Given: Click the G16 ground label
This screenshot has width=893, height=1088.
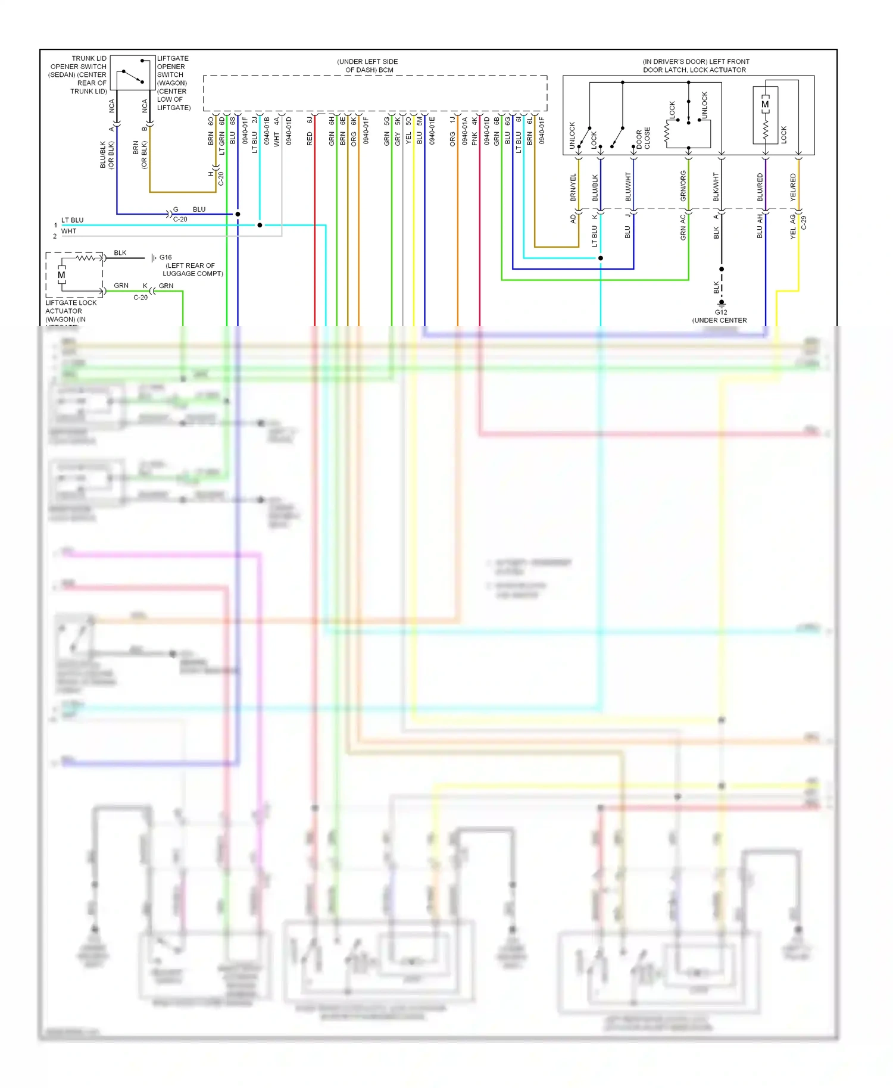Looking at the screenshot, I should pos(165,258).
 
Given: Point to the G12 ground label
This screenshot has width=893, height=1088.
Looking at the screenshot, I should pos(720,312).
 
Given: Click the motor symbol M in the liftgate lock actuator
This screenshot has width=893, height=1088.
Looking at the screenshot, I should pos(61,275).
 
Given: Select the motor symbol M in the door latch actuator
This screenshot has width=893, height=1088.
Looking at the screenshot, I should pos(765,105).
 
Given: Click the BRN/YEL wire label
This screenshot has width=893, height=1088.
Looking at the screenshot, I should pos(573,187).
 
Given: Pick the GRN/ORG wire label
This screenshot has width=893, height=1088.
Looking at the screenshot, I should pos(683,186).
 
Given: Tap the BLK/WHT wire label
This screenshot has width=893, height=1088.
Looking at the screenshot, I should pos(716,187).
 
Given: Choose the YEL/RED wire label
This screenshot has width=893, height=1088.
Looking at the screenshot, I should pos(793,187).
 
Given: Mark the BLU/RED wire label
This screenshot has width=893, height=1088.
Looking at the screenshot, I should pos(760,187).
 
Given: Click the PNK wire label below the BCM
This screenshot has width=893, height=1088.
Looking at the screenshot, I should pos(474,139).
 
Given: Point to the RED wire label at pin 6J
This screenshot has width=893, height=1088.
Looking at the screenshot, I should pos(310,139).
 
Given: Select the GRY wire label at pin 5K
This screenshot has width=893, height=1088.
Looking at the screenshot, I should pos(398,140).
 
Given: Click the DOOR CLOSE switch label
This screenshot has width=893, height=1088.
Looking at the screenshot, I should pos(643,139).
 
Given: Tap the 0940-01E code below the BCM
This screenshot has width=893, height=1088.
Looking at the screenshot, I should pos(432,130).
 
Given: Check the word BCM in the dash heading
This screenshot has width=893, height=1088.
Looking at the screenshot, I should pos(386,70).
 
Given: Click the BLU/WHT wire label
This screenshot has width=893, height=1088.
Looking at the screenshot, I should pos(627,187).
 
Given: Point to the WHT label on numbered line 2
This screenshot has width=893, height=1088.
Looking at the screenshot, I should pos(68,231).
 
